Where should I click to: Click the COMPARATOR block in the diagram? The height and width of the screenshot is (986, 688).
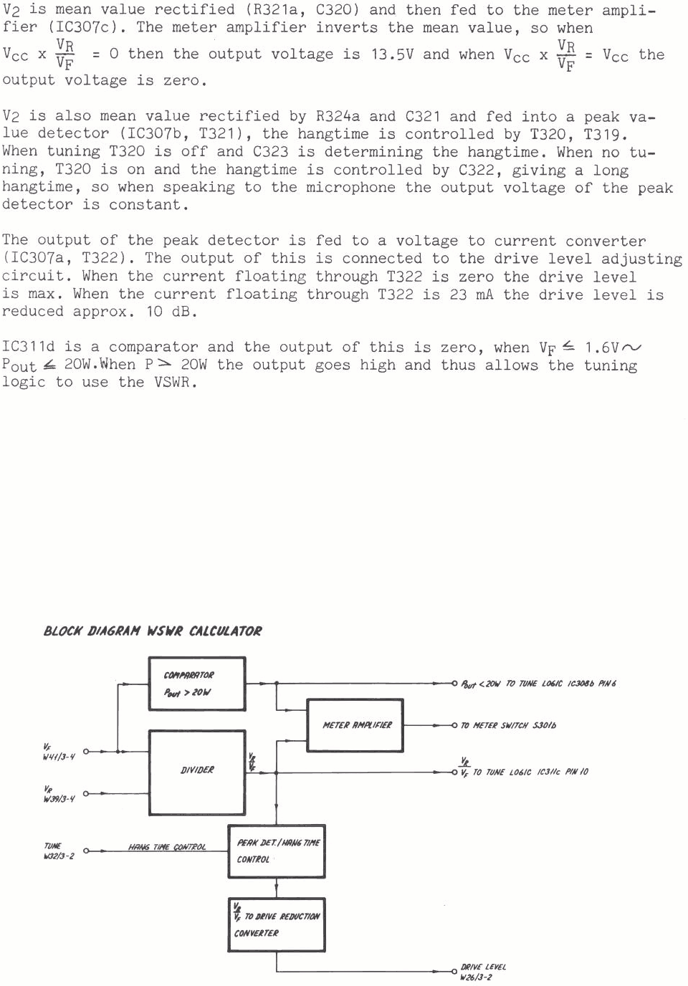tap(196, 684)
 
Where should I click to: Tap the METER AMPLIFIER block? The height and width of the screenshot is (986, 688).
tap(355, 725)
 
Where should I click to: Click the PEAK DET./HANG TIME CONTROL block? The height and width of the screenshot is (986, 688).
tap(277, 851)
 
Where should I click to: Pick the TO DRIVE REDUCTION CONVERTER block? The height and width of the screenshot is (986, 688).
tap(277, 924)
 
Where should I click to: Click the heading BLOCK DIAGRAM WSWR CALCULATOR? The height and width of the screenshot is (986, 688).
tap(153, 631)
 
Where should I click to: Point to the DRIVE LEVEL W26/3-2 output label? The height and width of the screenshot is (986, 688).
tap(482, 972)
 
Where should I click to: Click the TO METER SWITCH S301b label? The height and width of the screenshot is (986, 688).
tap(508, 726)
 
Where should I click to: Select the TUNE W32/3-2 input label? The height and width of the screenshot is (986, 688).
tap(58, 851)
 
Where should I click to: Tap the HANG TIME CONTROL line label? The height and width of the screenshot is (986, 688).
tap(167, 847)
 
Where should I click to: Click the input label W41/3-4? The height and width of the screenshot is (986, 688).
tap(58, 757)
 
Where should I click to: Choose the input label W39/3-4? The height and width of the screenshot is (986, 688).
tap(59, 798)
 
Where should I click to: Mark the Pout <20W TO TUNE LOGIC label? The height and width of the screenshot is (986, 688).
tap(537, 684)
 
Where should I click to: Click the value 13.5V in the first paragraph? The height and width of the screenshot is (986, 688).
tap(392, 54)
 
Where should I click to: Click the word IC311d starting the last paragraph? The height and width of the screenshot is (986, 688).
tap(28, 348)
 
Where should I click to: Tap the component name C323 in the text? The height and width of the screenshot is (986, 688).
tap(270, 152)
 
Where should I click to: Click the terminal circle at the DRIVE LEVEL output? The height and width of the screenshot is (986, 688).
tap(454, 972)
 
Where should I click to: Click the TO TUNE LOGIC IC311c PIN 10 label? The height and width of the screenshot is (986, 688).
tap(530, 772)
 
